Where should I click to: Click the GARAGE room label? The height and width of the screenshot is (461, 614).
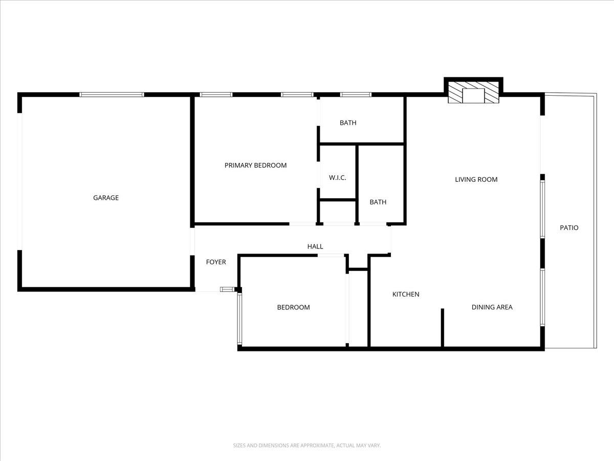(x=106, y=198)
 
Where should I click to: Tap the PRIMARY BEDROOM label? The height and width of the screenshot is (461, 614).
(x=255, y=165)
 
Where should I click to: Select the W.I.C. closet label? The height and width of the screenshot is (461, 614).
(x=338, y=178)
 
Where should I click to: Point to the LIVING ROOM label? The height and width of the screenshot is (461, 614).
(x=476, y=180)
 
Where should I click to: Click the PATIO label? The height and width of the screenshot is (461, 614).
(x=569, y=228)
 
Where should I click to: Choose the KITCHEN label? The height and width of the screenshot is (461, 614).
(x=406, y=295)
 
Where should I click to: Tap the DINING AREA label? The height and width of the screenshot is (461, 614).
(x=492, y=307)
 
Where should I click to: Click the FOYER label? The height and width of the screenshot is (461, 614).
(x=216, y=262)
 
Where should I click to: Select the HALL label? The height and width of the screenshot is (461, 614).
(x=315, y=247)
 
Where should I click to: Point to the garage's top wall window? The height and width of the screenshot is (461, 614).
(x=112, y=95)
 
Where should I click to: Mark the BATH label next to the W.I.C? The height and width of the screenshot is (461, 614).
(x=378, y=202)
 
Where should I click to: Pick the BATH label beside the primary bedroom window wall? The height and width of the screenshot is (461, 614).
(x=348, y=123)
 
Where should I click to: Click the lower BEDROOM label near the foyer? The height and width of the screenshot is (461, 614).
(x=293, y=308)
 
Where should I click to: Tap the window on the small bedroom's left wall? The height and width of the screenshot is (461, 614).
(x=239, y=319)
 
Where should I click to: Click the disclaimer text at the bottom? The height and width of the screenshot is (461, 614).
(x=307, y=446)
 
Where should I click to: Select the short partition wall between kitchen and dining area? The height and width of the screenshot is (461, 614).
(x=443, y=328)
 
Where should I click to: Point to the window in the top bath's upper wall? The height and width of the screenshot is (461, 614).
(x=356, y=95)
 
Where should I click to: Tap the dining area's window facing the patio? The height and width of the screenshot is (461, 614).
(x=542, y=297)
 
